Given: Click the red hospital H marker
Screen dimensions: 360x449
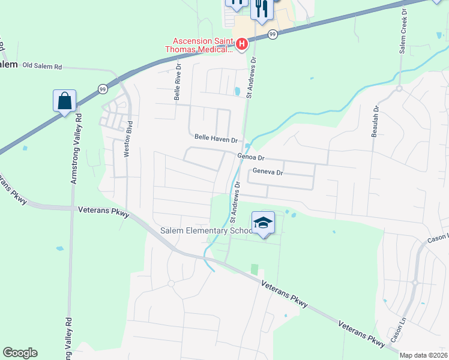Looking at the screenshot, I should click(241, 44).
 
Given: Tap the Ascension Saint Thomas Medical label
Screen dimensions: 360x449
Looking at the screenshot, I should click(201, 45).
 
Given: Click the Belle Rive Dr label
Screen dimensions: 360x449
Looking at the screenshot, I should click(177, 83).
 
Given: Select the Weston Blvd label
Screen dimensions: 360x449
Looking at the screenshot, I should click(127, 140).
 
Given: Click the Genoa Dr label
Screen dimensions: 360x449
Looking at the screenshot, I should click(251, 157).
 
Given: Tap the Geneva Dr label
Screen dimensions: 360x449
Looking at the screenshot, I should click(267, 172).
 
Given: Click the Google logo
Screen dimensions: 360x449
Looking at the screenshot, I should click(20, 353).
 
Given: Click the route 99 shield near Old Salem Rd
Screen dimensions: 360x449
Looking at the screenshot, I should click(102, 89).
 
